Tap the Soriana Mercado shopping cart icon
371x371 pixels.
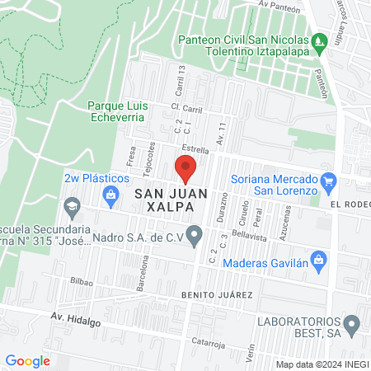tap(328, 181)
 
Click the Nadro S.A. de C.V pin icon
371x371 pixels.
tap(195, 237)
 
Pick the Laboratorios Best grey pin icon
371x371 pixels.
tap(351, 324)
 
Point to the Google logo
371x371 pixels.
tap(27, 360)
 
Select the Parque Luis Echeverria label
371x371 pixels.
tap(116, 111)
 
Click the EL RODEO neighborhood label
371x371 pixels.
tap(350, 204)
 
